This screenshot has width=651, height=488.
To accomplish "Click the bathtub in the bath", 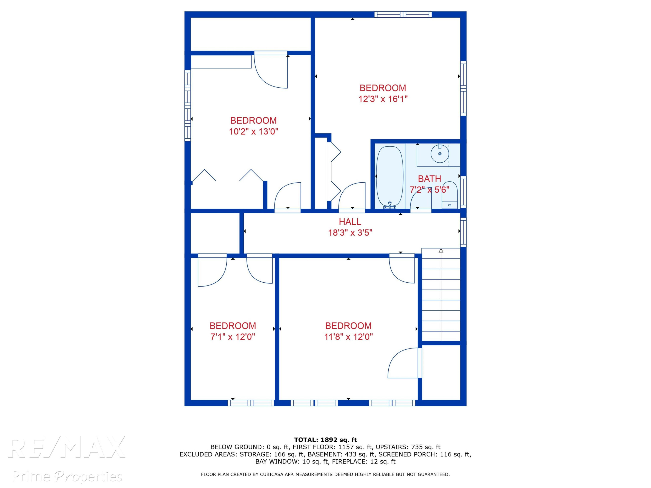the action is tap(390, 177).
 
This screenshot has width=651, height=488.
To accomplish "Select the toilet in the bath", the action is tap(449, 195).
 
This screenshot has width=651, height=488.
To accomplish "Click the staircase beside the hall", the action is tap(441, 295).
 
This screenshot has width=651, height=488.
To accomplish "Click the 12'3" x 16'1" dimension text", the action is tap(383, 99).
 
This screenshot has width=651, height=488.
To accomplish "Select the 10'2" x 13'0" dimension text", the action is tap(254, 131).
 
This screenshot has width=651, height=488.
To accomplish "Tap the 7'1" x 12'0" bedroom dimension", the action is tap(232, 337).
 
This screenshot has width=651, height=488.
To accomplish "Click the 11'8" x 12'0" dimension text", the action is tap(349, 337).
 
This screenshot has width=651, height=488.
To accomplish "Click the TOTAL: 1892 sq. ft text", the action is tap(325, 440).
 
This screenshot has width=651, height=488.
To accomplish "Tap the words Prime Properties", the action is tap(67, 476).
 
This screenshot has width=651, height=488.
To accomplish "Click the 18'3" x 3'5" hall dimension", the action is tap(350, 233).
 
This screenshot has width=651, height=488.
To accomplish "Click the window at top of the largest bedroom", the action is tap(403, 14).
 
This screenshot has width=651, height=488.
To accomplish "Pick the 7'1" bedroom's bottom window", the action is tap(251, 403).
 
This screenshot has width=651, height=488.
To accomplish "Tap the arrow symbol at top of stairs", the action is tap(441, 251).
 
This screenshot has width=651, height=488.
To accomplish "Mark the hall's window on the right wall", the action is tap(463, 232).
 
